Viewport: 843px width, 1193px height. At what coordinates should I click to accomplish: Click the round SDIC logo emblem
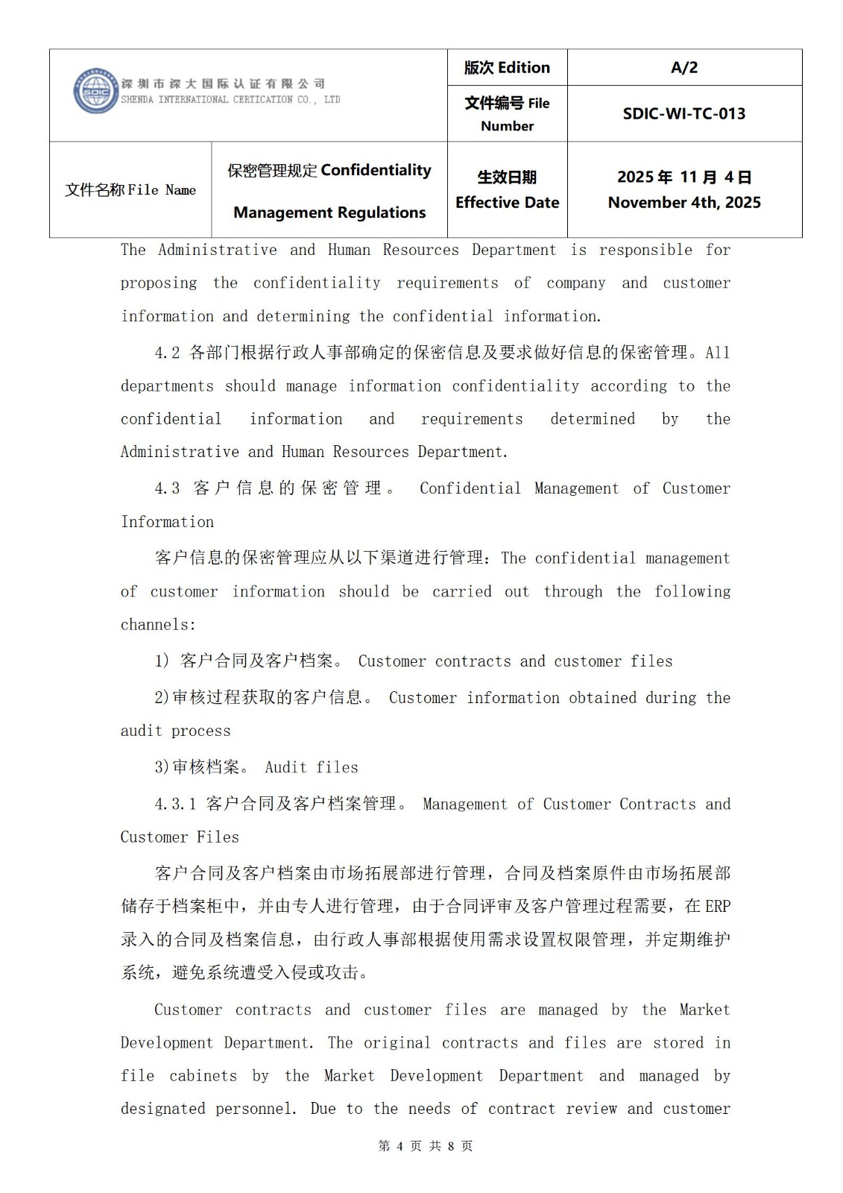point(96,92)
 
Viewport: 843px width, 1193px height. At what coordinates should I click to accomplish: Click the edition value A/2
point(684,68)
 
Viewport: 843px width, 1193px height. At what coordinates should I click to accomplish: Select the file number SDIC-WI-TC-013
point(684,114)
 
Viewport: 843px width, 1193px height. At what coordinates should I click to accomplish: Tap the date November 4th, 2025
point(684,203)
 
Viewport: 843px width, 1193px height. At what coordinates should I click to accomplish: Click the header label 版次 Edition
point(507,68)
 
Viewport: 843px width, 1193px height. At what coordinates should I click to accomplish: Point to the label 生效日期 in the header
point(507,177)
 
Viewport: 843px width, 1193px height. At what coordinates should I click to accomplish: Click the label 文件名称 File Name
point(130,190)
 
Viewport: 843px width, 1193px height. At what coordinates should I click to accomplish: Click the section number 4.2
point(167,353)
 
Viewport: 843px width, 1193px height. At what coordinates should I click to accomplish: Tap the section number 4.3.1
point(175,804)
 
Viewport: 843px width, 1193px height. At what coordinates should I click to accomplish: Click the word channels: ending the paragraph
point(158,625)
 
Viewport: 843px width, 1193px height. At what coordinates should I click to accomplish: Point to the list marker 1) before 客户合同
point(162,661)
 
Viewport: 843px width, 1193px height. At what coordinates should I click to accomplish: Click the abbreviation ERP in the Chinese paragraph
point(717,906)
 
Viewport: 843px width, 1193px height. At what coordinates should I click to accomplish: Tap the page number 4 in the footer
point(400,1146)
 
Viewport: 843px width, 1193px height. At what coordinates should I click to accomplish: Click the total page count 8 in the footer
point(451,1146)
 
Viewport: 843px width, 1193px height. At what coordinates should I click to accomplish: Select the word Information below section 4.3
point(167,522)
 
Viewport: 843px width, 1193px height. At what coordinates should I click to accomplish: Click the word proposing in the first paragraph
point(159,283)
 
